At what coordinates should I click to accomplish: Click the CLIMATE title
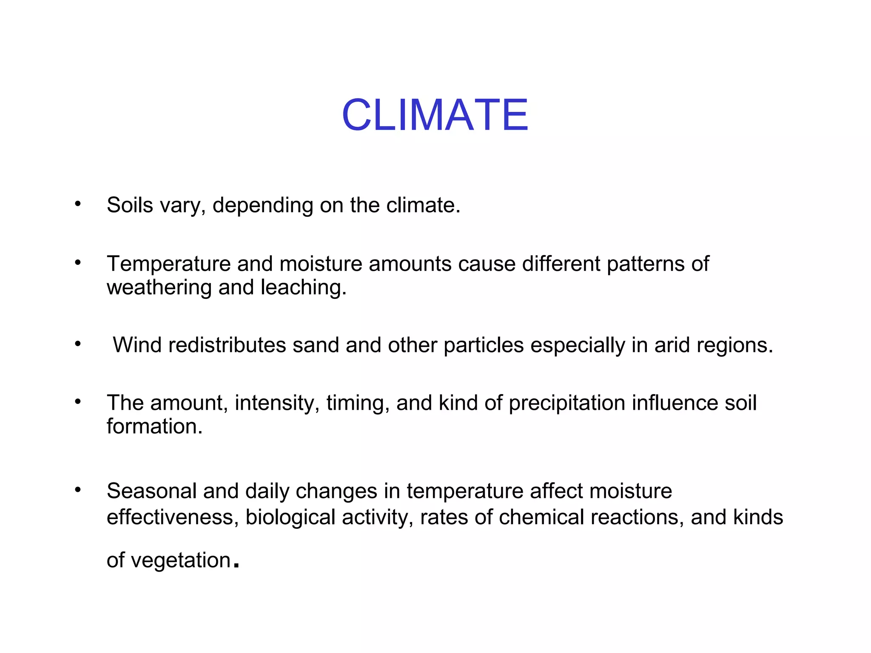point(435,115)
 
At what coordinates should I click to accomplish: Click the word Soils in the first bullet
point(130,205)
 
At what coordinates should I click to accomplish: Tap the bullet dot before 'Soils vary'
point(77,204)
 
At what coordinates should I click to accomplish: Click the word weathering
point(159,288)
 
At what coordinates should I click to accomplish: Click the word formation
point(154,426)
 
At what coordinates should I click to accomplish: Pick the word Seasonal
point(152,491)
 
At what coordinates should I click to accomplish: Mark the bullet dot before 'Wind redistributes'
point(77,344)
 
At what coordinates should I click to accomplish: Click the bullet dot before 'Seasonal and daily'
point(77,490)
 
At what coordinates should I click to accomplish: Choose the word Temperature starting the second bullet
point(169,264)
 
